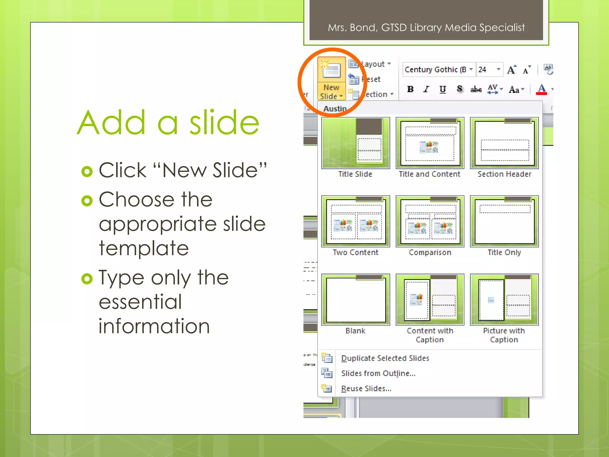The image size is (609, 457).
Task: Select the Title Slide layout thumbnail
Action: click(355, 143)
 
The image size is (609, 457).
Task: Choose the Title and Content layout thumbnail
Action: click(430, 143)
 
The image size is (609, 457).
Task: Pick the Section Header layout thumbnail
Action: click(504, 143)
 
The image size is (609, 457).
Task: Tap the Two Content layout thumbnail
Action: click(355, 221)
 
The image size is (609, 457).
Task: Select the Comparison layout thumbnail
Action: click(430, 221)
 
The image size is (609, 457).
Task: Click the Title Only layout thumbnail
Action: click(504, 221)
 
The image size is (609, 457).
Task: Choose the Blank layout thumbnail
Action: click(355, 300)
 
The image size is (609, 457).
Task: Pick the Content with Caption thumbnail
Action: click(430, 300)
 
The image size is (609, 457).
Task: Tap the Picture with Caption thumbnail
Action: click(504, 300)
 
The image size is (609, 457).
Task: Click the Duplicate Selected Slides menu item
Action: click(385, 358)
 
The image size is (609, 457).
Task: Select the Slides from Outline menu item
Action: click(378, 373)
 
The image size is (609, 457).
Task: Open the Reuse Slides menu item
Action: click(366, 389)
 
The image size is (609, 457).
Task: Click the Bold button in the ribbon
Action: click(410, 89)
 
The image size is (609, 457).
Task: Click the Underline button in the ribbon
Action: click(442, 89)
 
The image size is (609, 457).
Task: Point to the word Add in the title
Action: click(112, 123)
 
